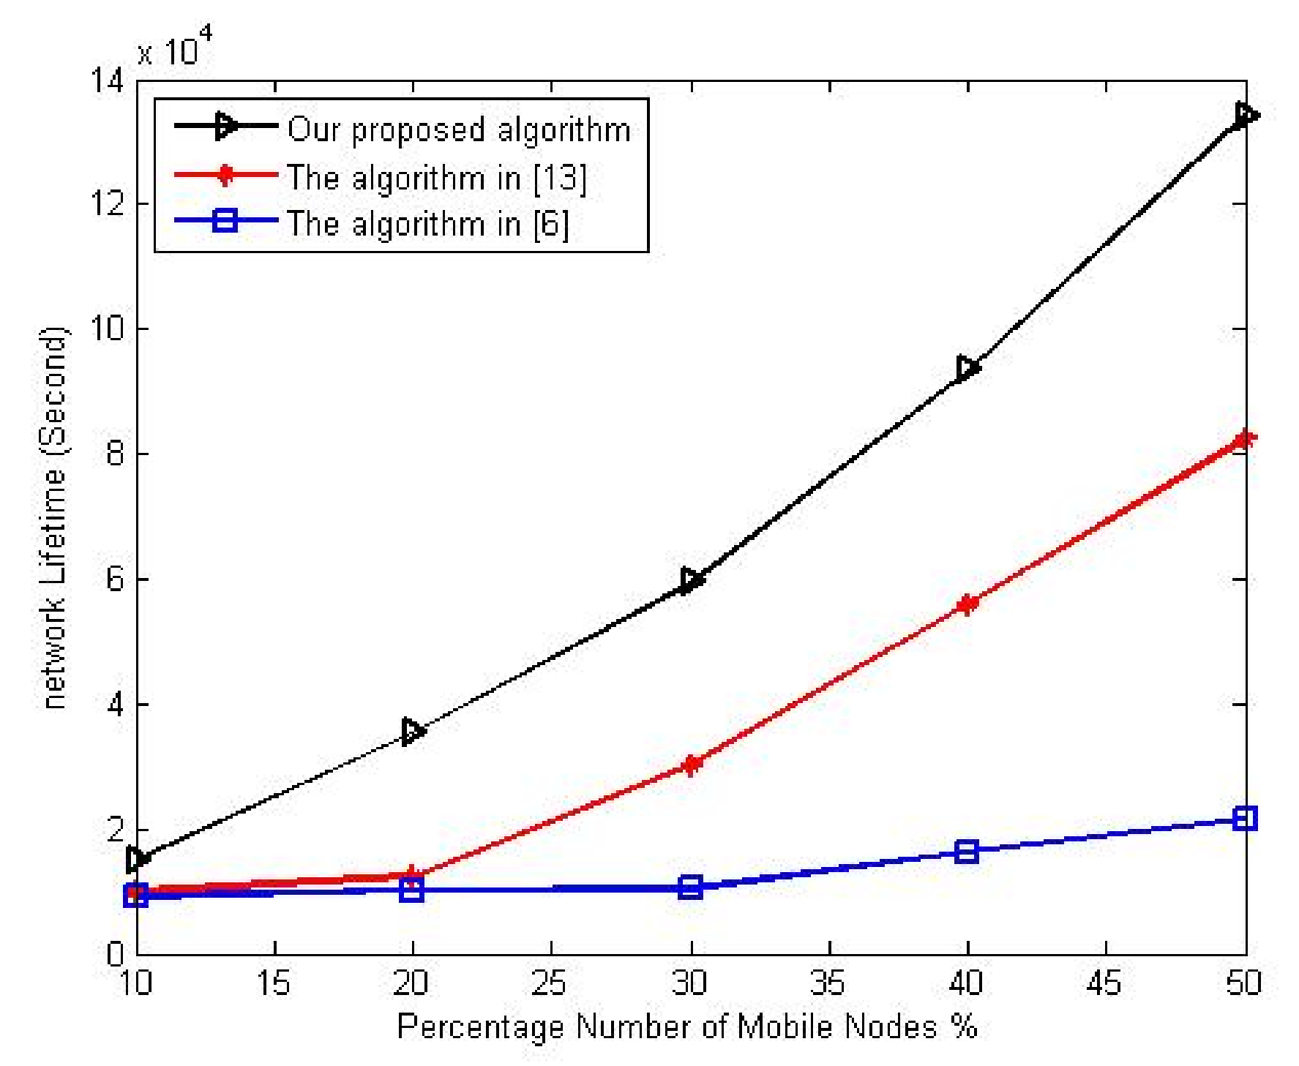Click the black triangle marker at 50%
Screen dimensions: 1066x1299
click(1244, 115)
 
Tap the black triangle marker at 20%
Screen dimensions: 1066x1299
click(413, 731)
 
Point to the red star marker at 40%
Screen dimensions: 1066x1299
click(967, 604)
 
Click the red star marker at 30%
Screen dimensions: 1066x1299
click(690, 765)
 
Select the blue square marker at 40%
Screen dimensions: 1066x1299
click(967, 851)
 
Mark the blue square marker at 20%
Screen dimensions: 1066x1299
click(412, 890)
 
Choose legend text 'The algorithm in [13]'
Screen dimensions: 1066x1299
click(437, 178)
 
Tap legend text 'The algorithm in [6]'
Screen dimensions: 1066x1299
click(427, 224)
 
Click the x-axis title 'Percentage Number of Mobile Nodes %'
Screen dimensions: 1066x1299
click(686, 1026)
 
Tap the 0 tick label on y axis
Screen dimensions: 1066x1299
click(116, 954)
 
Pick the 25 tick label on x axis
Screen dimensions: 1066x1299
click(550, 983)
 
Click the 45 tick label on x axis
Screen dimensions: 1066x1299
click(1104, 983)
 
